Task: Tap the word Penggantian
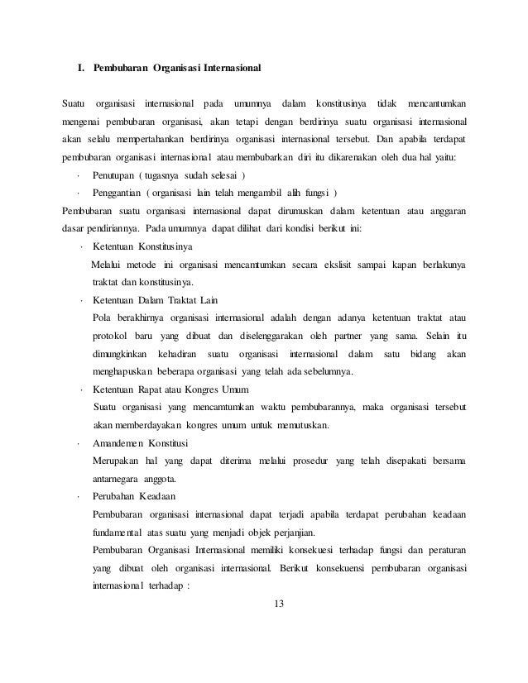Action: [x=118, y=193]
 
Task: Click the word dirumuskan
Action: [x=304, y=211]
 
